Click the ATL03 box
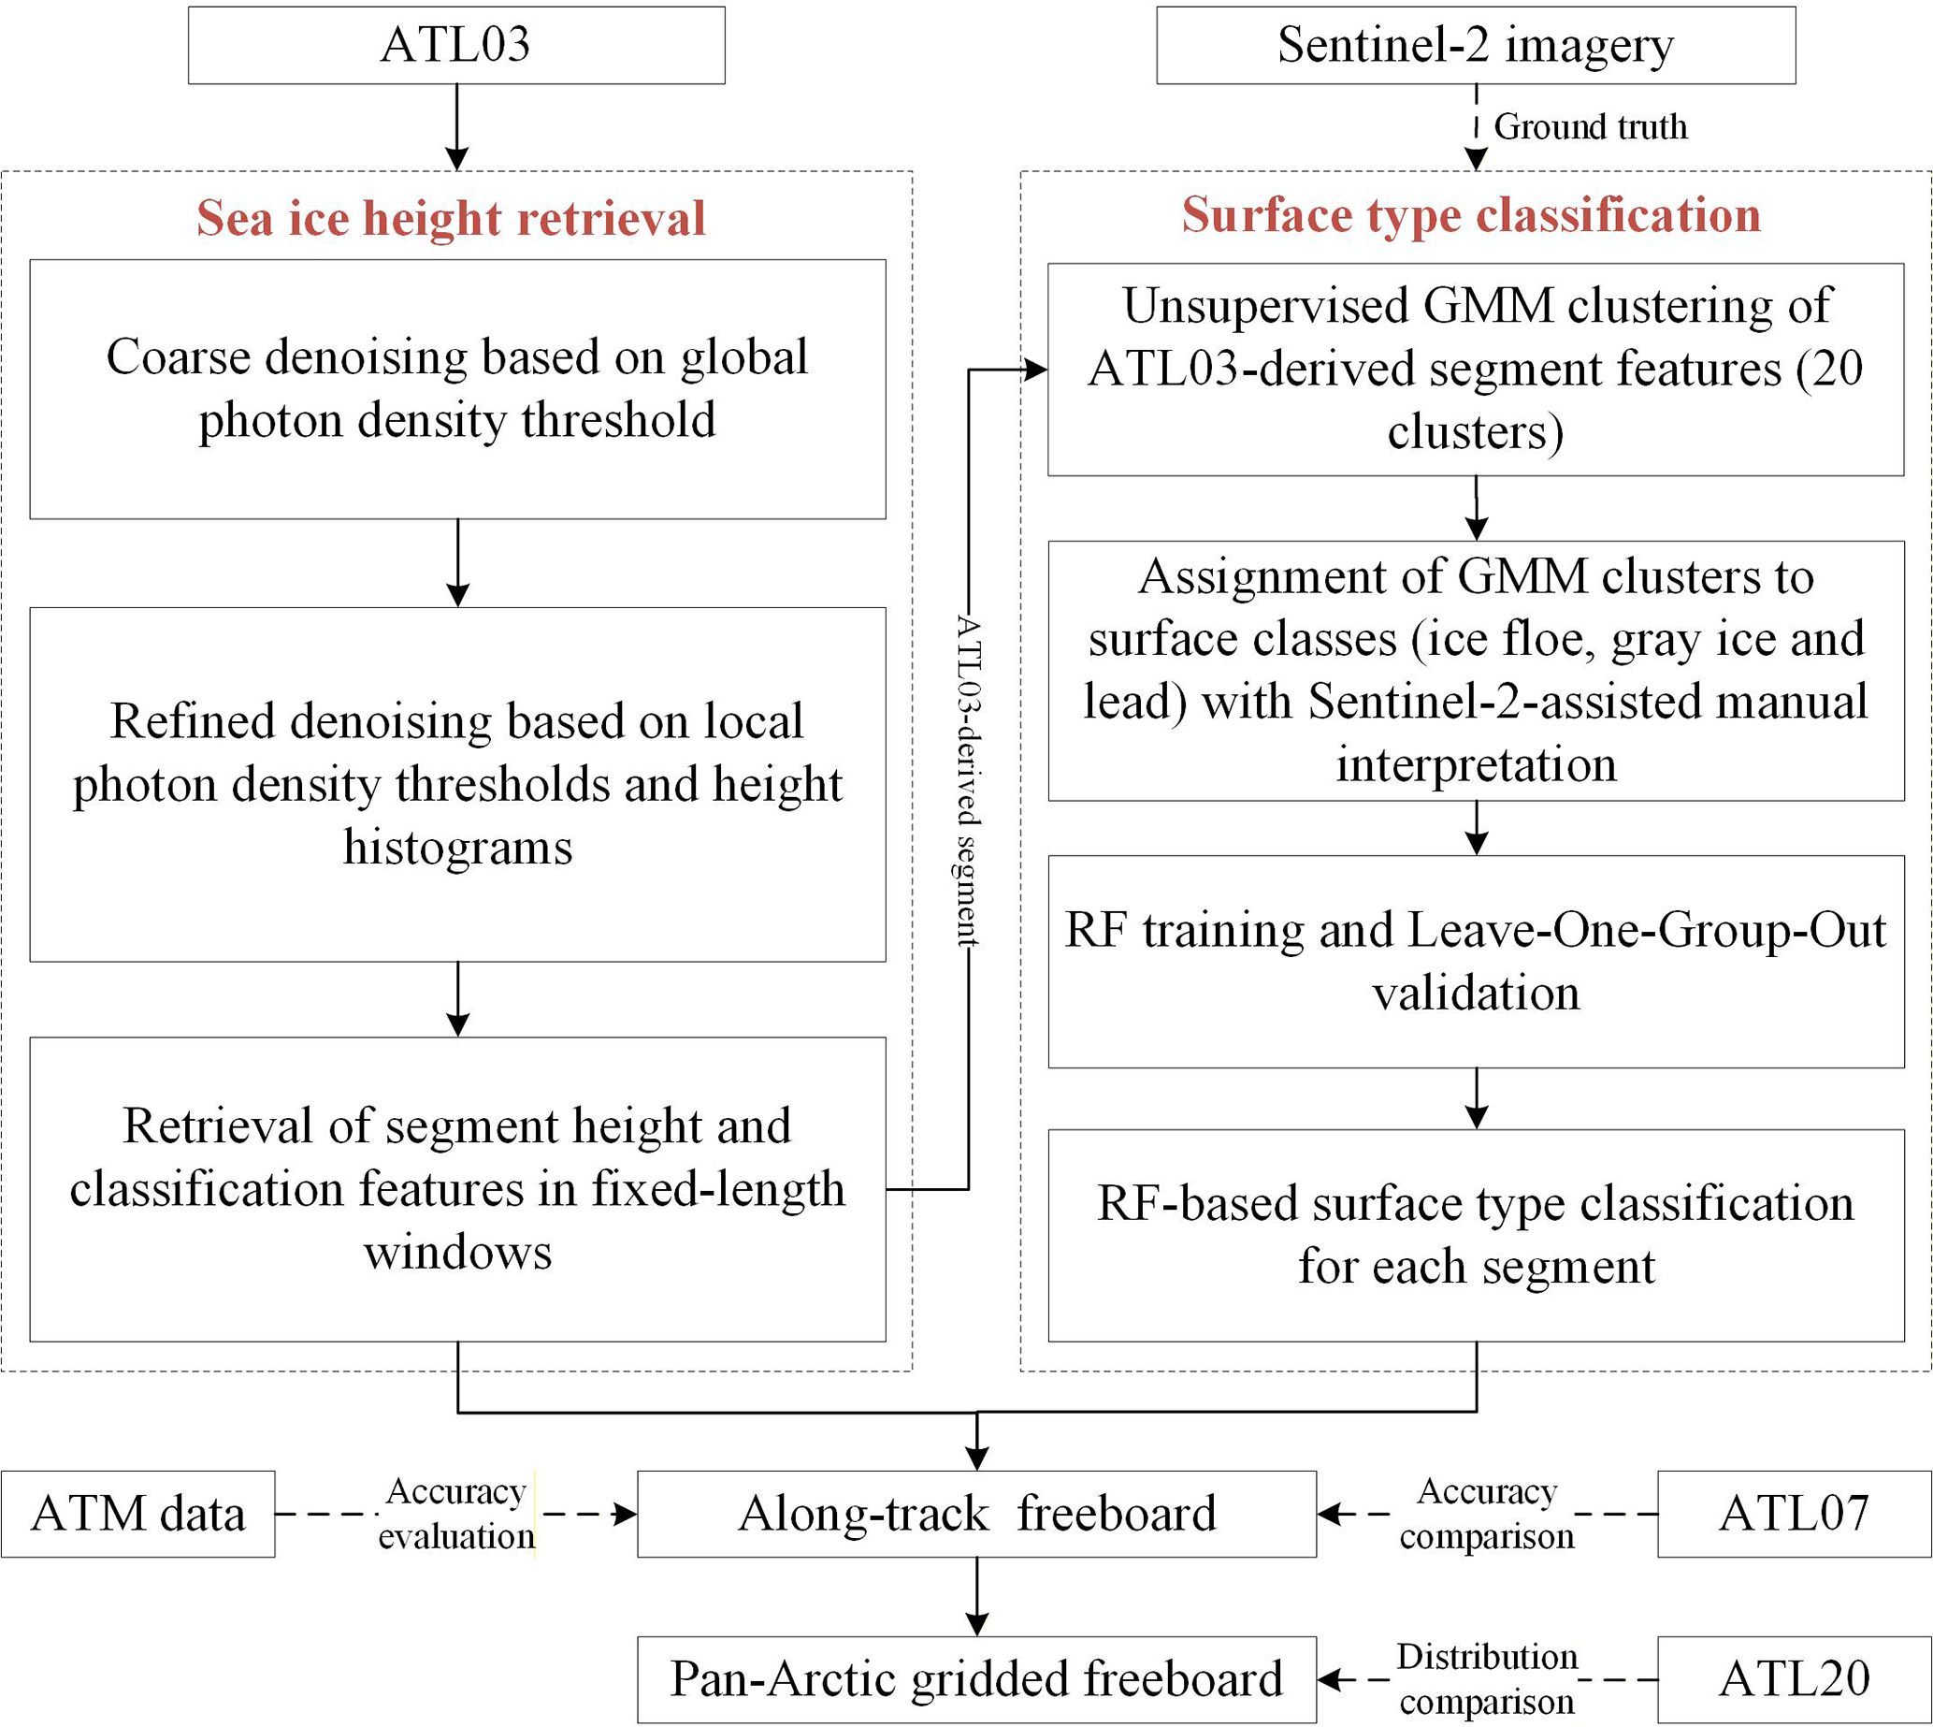[456, 46]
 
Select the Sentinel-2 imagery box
[1476, 46]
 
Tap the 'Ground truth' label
[1591, 126]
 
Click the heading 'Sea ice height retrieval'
[452, 217]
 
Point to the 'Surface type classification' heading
[1471, 214]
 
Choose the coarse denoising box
[458, 389]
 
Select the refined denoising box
[458, 785]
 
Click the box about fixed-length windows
[458, 1189]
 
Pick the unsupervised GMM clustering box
[1476, 370]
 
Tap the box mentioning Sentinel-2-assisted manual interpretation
[1476, 671]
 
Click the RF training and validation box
[1476, 961]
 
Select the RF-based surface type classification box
[1476, 1236]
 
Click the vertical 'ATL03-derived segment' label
[968, 780]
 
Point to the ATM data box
[138, 1515]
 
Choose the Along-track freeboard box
[977, 1515]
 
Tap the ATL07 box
[1795, 1515]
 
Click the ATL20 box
[1795, 1679]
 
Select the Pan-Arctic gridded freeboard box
[977, 1679]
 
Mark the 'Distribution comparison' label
[1487, 1679]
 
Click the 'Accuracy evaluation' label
[456, 1515]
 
